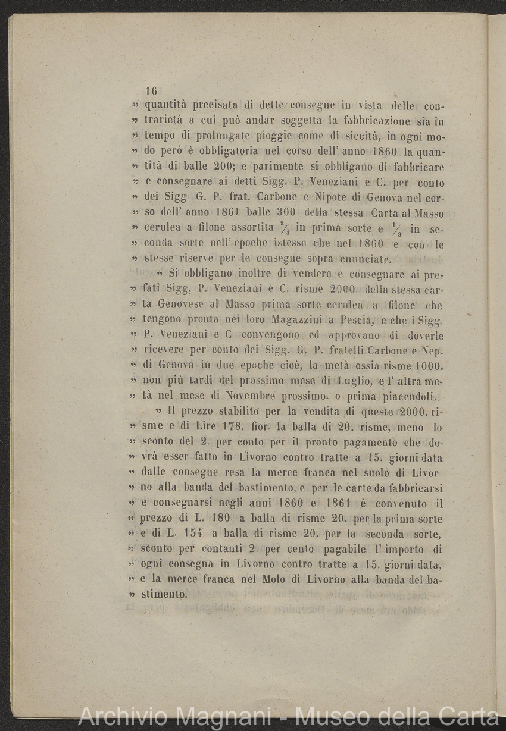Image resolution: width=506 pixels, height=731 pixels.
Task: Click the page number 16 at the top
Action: point(151,91)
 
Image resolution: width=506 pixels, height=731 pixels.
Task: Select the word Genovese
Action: point(185,305)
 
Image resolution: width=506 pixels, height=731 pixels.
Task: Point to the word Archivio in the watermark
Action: point(118,717)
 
